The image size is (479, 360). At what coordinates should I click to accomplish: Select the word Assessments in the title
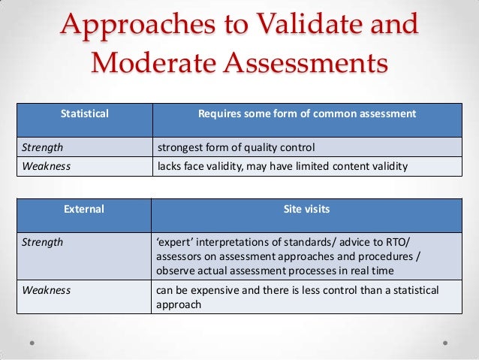click(x=309, y=63)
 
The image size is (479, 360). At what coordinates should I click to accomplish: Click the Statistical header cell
click(x=84, y=114)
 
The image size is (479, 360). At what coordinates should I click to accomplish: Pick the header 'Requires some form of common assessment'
click(x=306, y=114)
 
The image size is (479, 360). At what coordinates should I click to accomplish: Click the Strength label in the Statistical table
click(x=42, y=147)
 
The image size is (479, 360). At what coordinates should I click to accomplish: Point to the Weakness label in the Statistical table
click(x=47, y=166)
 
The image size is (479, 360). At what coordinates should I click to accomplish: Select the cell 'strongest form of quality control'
click(x=235, y=147)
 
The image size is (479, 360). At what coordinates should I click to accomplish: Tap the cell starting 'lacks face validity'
click(x=282, y=166)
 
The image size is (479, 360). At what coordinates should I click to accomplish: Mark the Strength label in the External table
click(x=42, y=242)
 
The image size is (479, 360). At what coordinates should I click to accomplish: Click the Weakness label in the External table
click(x=47, y=290)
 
